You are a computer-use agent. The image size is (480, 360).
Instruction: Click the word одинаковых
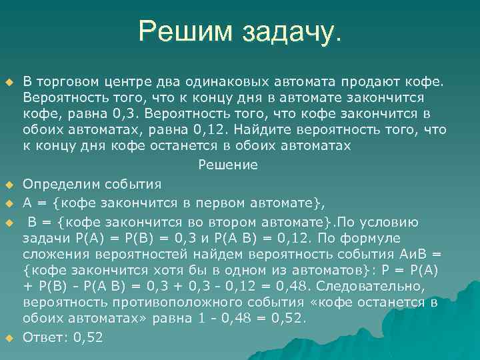(x=225, y=82)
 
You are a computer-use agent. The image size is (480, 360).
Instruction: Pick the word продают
(x=366, y=82)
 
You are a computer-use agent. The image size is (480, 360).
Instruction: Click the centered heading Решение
(x=228, y=164)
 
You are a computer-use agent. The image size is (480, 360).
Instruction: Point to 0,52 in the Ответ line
(x=89, y=337)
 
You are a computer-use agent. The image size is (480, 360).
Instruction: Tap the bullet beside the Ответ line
(x=9, y=338)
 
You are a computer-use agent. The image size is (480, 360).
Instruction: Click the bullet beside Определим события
(x=9, y=184)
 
